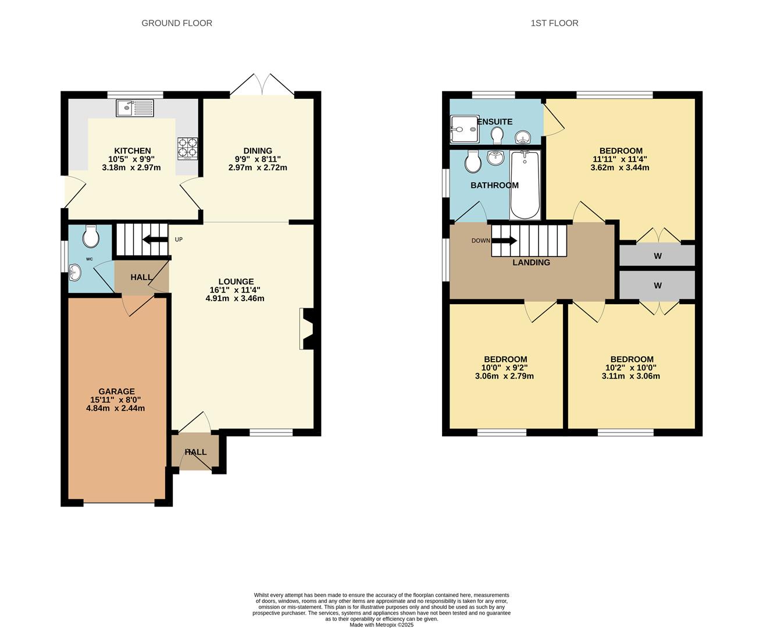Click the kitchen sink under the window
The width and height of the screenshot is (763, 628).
pyautogui.click(x=135, y=108)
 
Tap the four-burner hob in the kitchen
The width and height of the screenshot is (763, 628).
pyautogui.click(x=187, y=148)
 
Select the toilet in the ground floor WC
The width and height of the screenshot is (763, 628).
pyautogui.click(x=91, y=237)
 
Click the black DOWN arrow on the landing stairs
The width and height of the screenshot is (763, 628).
pyautogui.click(x=505, y=240)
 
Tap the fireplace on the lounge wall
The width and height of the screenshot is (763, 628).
pyautogui.click(x=306, y=329)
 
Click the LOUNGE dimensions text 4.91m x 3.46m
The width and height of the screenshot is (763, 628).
pyautogui.click(x=235, y=298)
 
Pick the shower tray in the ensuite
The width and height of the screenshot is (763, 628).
pyautogui.click(x=464, y=129)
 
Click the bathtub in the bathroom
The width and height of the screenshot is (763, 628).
pyautogui.click(x=525, y=184)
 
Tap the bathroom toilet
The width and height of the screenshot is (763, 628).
pyautogui.click(x=473, y=162)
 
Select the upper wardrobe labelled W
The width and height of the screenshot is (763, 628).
pyautogui.click(x=657, y=256)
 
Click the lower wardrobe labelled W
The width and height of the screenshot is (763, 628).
pyautogui.click(x=657, y=286)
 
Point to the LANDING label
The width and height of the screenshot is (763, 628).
pyautogui.click(x=531, y=262)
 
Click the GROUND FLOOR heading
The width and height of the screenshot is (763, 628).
pyautogui.click(x=177, y=23)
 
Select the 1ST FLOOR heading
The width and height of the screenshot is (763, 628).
pyautogui.click(x=554, y=23)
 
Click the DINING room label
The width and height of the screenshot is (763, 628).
pyautogui.click(x=258, y=151)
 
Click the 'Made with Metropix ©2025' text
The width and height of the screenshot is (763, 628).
pyautogui.click(x=381, y=625)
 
